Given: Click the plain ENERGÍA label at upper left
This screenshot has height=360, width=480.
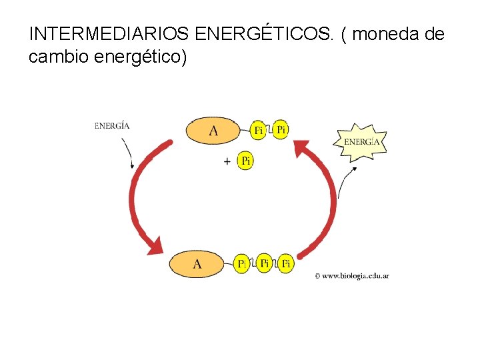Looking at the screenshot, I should click(x=112, y=125).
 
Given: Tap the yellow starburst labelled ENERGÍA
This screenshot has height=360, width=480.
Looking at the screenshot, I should click(x=361, y=141).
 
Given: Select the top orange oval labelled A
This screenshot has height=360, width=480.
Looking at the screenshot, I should click(x=213, y=130).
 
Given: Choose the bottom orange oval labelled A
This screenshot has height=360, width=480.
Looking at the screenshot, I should click(x=197, y=264).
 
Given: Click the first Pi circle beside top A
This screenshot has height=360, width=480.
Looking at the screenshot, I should click(x=258, y=130).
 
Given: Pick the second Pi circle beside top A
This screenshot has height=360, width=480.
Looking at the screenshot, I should click(x=281, y=129).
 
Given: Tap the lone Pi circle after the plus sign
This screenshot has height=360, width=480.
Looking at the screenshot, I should click(x=246, y=161).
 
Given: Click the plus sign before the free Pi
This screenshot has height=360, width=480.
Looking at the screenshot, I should click(x=228, y=161).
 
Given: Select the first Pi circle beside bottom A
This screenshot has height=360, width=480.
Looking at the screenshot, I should click(x=243, y=264).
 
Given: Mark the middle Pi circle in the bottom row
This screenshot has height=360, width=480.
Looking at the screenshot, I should click(x=264, y=263).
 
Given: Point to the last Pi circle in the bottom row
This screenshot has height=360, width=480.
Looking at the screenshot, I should click(x=285, y=264).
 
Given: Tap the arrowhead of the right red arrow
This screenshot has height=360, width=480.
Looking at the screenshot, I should click(x=303, y=148).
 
